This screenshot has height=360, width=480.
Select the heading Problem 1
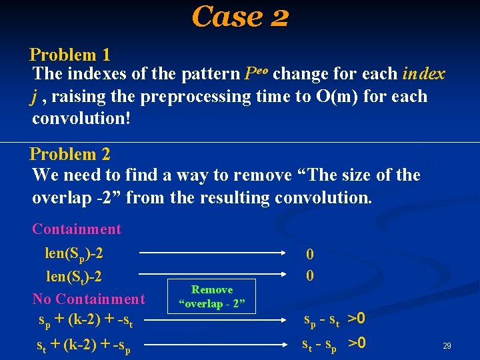[70, 55]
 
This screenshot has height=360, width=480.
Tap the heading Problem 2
[70, 154]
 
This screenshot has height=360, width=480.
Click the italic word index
[423, 73]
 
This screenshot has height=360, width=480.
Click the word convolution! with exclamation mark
[81, 119]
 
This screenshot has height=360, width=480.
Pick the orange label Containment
[77, 229]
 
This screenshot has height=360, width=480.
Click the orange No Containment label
[89, 299]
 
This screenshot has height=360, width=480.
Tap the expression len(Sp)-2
[74, 254]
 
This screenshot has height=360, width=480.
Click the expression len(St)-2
[73, 277]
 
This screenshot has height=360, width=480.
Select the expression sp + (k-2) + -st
[86, 322]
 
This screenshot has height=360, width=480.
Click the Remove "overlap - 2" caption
[212, 297]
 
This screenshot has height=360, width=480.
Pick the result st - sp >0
[333, 345]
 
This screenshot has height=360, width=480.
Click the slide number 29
[447, 346]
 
